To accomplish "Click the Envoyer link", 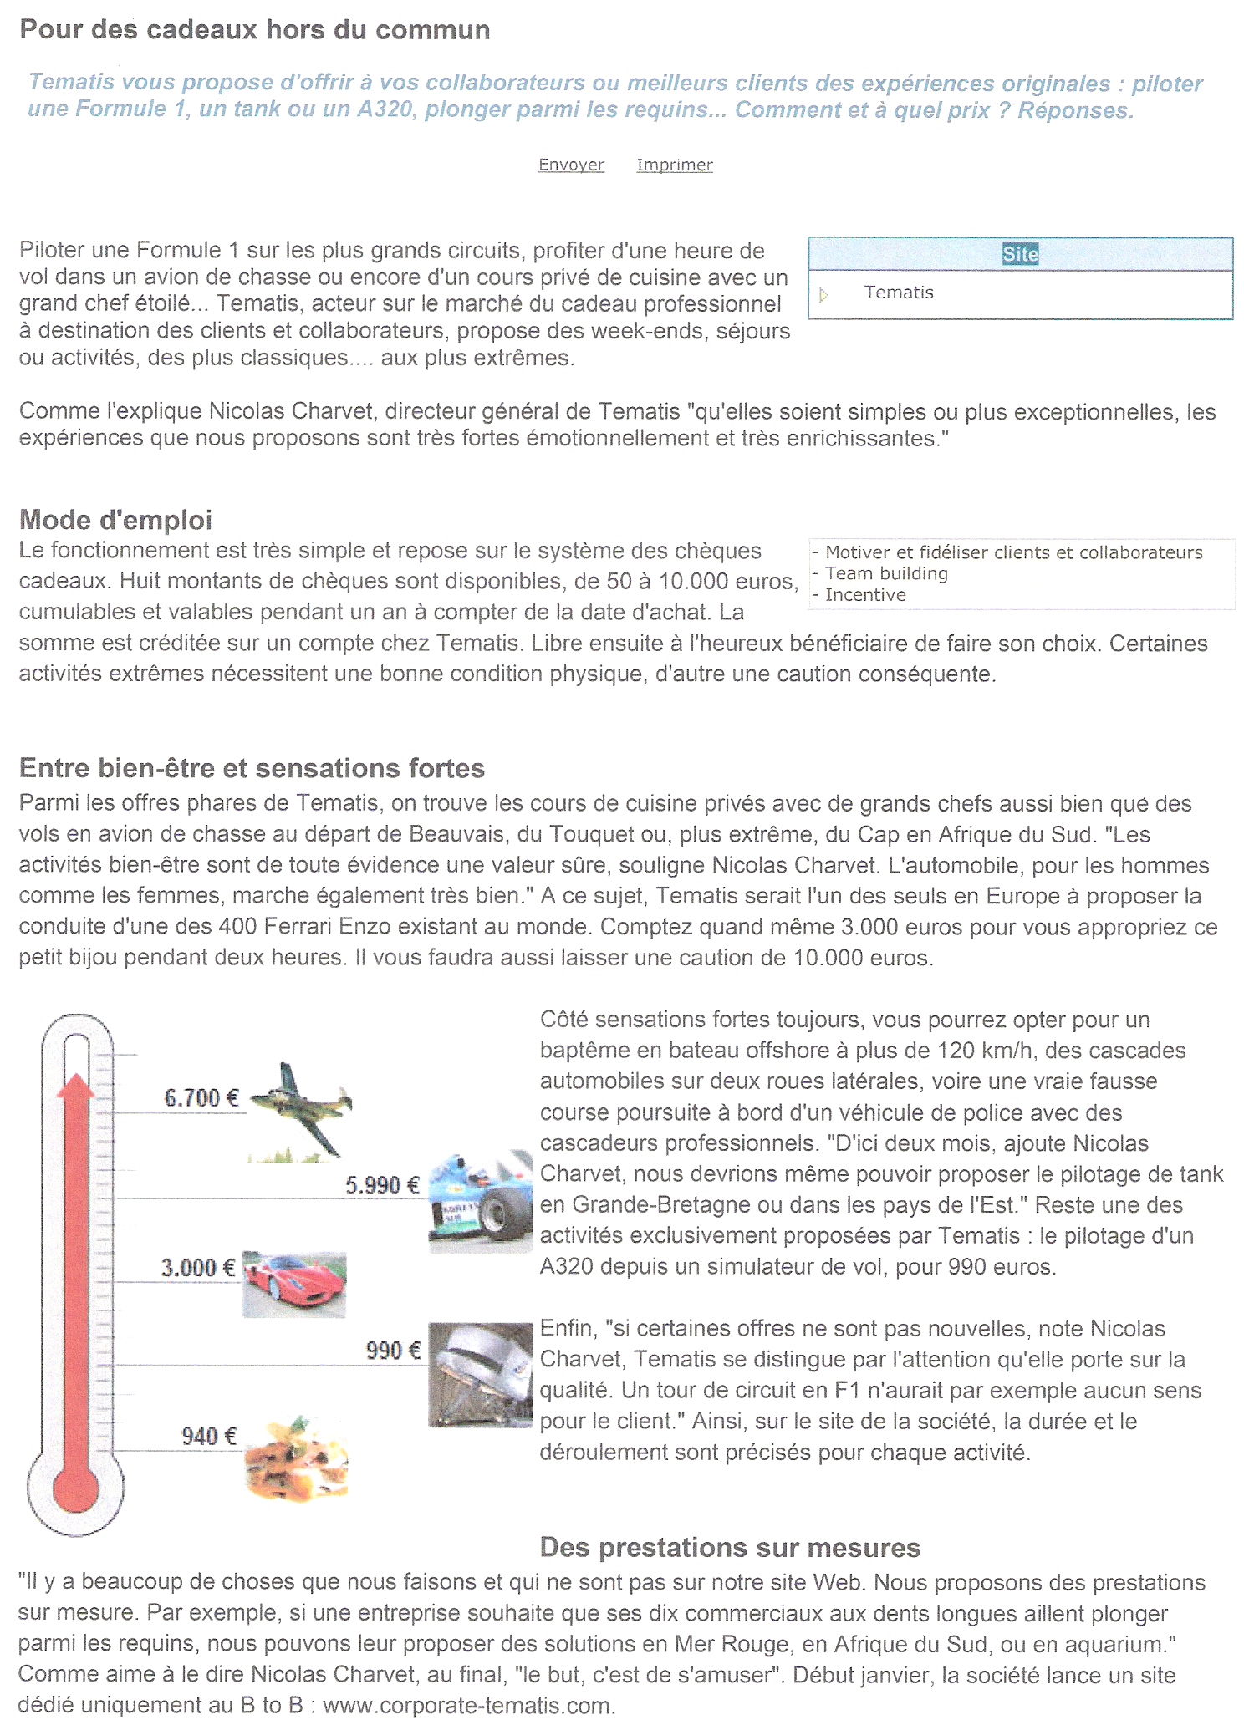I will click(571, 165).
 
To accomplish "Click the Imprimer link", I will click(674, 165).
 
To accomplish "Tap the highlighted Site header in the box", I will click(1020, 254).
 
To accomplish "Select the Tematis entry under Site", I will click(899, 293).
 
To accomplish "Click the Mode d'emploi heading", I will click(115, 520).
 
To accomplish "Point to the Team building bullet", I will click(886, 573).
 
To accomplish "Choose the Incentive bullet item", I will click(865, 595).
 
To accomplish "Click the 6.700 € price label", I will click(201, 1097).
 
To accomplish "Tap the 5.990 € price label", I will click(382, 1185).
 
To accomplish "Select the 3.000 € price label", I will click(198, 1268).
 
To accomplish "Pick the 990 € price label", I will click(393, 1351).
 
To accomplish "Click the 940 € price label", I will click(209, 1436).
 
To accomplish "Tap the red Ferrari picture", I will click(294, 1285).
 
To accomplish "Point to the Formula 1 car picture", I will click(480, 1202).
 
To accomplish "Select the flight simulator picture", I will click(480, 1375).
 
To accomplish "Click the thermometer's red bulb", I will click(75, 1490).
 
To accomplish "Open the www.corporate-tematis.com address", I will click(468, 1706).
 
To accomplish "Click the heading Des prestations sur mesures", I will click(729, 1548).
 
